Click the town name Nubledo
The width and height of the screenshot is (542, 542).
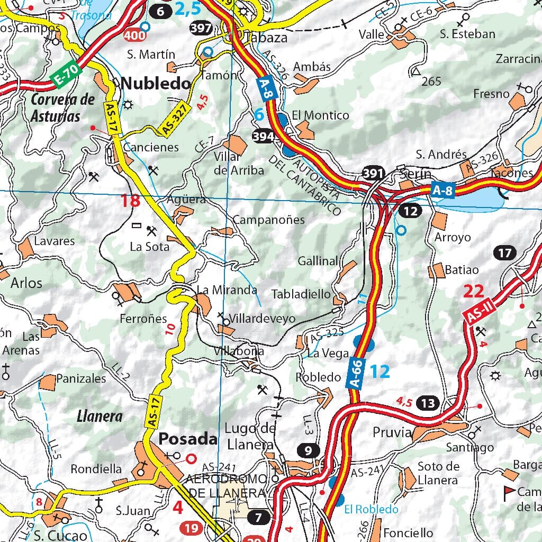(156, 83)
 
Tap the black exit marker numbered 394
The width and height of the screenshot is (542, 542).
(263, 136)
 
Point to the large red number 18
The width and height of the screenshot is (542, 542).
(130, 201)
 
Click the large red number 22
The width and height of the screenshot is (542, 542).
(474, 291)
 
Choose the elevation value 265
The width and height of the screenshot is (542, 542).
(431, 81)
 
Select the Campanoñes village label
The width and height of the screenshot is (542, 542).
(269, 220)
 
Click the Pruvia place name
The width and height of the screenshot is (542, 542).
(392, 432)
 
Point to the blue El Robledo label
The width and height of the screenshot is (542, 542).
(371, 510)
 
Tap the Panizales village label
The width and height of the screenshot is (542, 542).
(81, 378)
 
